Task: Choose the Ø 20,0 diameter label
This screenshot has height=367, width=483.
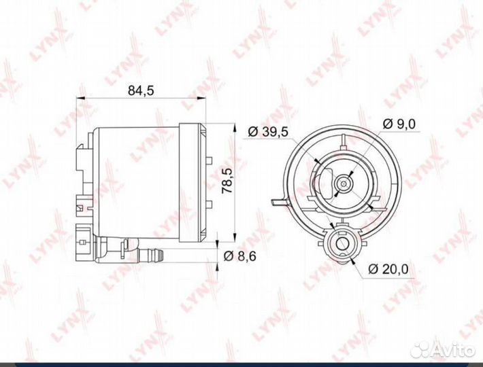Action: tap(388, 268)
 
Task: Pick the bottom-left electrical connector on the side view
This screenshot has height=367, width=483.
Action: tap(83, 235)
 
